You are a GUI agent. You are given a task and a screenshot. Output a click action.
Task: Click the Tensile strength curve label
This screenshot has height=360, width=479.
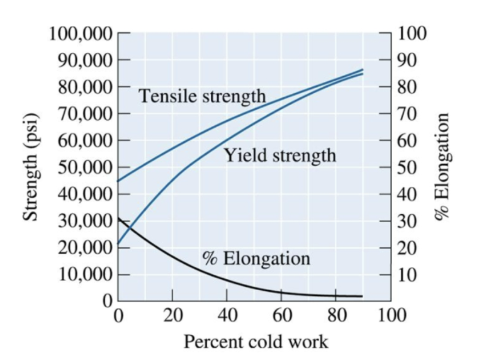coord(202,96)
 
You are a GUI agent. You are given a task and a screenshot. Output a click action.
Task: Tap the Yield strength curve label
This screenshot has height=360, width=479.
coord(281,154)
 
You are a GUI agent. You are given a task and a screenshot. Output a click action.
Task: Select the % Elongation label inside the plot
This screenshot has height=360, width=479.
coord(256,258)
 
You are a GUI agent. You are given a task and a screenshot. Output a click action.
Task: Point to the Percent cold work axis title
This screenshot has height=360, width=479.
coord(256,342)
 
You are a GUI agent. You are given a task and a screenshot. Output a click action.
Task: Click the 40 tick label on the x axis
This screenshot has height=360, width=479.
coord(227,314)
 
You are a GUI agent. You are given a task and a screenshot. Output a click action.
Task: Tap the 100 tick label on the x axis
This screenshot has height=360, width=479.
coord(392,314)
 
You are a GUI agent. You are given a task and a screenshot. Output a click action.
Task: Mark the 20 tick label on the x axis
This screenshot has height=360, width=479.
coord(173,314)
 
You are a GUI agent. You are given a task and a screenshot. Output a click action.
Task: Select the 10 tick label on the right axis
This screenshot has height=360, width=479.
coord(407,274)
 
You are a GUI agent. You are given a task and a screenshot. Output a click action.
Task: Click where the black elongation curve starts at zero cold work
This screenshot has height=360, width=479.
coord(118,218)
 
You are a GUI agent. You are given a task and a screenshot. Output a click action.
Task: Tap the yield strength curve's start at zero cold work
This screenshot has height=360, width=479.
coord(118,244)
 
